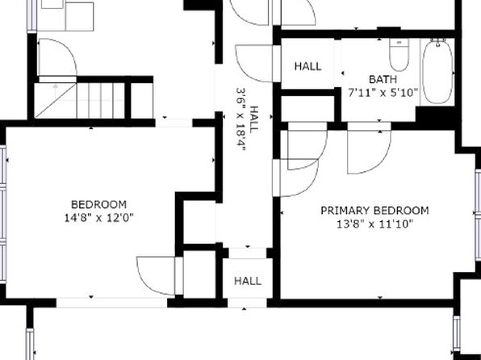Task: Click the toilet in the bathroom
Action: (399, 55)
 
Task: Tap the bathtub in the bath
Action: (437, 72)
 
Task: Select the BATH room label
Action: (383, 79)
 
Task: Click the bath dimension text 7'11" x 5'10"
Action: (383, 92)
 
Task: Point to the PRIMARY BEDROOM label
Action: (374, 211)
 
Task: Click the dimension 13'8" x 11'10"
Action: (374, 224)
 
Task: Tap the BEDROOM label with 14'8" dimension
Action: (98, 204)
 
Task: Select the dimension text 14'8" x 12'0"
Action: (98, 218)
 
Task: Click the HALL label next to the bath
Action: (308, 66)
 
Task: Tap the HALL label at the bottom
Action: (248, 281)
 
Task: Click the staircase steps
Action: (101, 101)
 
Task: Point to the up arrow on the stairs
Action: (55, 91)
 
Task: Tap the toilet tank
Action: (399, 42)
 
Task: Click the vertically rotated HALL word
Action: (254, 119)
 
